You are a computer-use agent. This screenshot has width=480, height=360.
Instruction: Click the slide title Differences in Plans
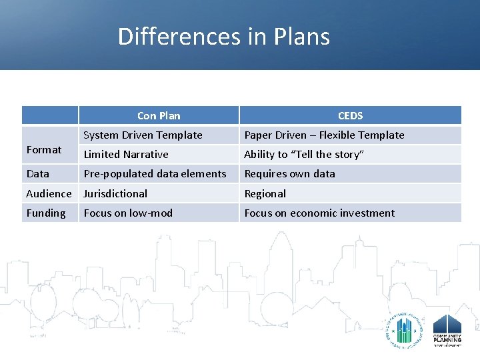click(223, 36)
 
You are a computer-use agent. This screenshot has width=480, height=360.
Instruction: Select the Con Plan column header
click(158, 115)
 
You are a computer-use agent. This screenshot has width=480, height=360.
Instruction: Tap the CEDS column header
click(350, 115)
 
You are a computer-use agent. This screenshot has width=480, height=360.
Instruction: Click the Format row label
click(44, 149)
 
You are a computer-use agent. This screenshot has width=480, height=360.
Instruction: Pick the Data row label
click(38, 173)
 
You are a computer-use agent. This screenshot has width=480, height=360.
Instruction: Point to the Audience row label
click(49, 193)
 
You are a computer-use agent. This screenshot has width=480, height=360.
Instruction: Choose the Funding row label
click(46, 213)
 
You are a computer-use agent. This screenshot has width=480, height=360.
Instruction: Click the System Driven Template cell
click(143, 135)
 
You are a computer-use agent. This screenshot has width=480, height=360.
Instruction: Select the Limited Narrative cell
click(126, 154)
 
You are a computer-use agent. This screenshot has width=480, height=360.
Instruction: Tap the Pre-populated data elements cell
click(155, 173)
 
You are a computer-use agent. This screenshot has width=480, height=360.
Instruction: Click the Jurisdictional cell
click(115, 193)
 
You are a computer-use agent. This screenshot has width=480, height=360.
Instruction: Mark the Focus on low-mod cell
click(128, 213)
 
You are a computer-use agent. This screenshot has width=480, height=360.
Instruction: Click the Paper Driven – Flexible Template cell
click(324, 135)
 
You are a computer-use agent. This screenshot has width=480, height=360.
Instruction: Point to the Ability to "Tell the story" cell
click(304, 154)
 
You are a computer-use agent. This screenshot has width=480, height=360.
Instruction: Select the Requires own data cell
click(289, 173)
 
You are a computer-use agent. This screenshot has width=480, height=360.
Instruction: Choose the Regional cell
click(265, 193)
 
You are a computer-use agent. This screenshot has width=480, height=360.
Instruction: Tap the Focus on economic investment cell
click(319, 213)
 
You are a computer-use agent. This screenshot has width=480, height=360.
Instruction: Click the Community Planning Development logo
click(447, 330)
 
